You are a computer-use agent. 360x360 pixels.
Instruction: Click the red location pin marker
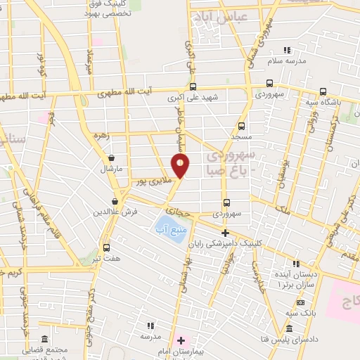(181, 166)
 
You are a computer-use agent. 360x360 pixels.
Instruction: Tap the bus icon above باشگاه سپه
(323, 91)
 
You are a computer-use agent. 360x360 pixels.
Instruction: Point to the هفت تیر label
(107, 259)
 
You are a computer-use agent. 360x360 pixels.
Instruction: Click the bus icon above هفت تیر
(106, 247)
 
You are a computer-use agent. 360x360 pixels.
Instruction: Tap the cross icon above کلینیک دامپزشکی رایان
(225, 233)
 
